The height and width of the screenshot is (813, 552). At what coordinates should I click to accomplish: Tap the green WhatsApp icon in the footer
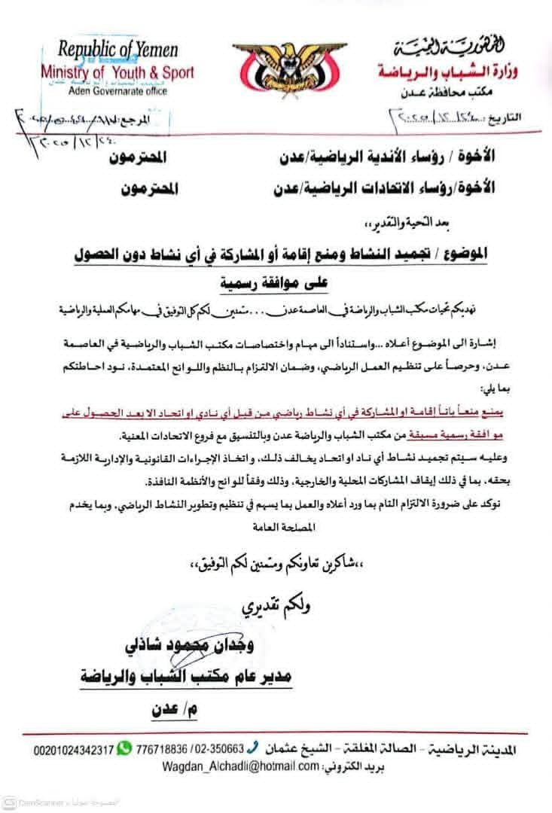click(x=124, y=749)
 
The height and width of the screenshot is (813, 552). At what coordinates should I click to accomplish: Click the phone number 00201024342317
click(x=73, y=750)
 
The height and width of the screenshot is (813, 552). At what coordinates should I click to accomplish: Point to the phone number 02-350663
click(x=218, y=750)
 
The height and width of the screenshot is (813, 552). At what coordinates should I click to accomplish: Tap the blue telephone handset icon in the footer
click(x=253, y=749)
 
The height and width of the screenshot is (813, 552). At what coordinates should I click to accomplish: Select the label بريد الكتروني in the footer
click(x=354, y=766)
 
